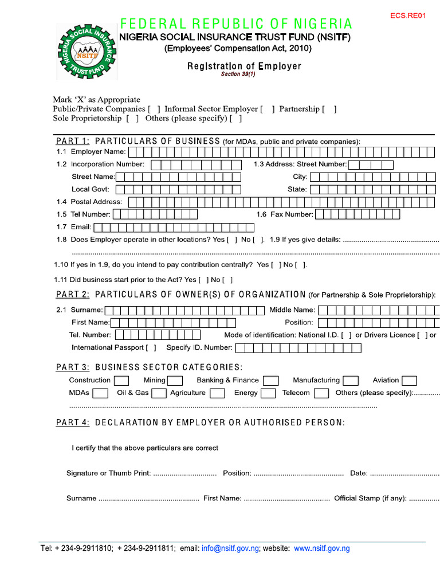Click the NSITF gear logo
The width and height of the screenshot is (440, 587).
(87, 52)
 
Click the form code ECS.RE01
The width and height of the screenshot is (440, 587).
(408, 15)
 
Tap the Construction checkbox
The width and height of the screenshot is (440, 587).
(121, 381)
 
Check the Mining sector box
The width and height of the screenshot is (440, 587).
(175, 381)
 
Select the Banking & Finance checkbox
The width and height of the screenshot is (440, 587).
(271, 381)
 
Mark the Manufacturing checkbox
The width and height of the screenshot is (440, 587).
(351, 381)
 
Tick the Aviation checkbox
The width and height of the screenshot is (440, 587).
(409, 381)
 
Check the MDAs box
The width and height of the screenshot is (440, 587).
(100, 393)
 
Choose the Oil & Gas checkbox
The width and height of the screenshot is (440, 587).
(159, 393)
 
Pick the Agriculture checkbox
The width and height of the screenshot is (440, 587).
(217, 393)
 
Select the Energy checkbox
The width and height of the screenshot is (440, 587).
(268, 393)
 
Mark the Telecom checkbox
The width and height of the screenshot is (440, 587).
(321, 393)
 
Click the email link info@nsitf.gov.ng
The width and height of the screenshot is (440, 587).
(230, 549)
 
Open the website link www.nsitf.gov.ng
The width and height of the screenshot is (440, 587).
(321, 549)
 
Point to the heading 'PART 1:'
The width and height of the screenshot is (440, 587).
(72, 141)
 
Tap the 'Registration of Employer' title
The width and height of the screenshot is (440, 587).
(244, 66)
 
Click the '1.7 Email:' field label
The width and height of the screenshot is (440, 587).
(74, 227)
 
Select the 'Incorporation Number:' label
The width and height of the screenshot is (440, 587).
(108, 165)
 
